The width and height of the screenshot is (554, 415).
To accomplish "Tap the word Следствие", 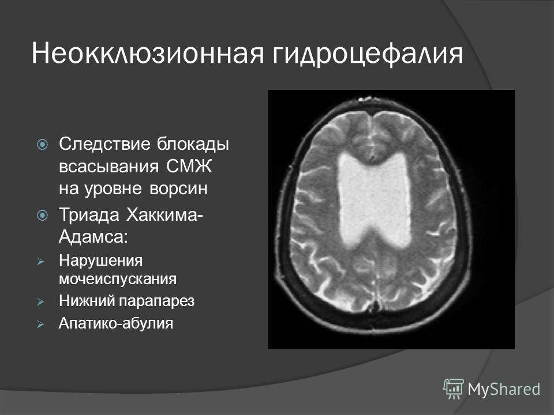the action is [105, 144].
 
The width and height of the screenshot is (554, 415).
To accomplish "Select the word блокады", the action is [193, 144].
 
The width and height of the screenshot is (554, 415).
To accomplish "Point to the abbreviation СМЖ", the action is [189, 166].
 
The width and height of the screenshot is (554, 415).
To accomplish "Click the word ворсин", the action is [178, 188].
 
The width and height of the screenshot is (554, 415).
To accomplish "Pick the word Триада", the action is [89, 215].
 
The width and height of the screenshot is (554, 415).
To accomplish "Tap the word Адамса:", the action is [93, 236].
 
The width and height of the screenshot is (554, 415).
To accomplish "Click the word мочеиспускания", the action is [118, 279].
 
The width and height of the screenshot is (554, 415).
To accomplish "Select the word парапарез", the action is [156, 301].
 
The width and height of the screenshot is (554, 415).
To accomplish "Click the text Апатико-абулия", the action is [116, 323].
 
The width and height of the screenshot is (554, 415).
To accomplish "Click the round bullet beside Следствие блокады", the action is [42, 144].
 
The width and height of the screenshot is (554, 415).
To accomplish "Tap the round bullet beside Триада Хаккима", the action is [42, 215].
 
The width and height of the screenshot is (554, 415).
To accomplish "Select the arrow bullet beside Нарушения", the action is [40, 262].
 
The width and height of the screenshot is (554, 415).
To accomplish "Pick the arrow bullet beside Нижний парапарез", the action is [40, 302].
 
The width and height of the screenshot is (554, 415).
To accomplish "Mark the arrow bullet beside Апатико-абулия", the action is [40, 325].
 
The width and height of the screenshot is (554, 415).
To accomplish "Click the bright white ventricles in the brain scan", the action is [374, 201].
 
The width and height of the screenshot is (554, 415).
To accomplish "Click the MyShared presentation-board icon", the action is [454, 389].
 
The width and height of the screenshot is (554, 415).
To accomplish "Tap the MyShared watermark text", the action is [503, 389].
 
